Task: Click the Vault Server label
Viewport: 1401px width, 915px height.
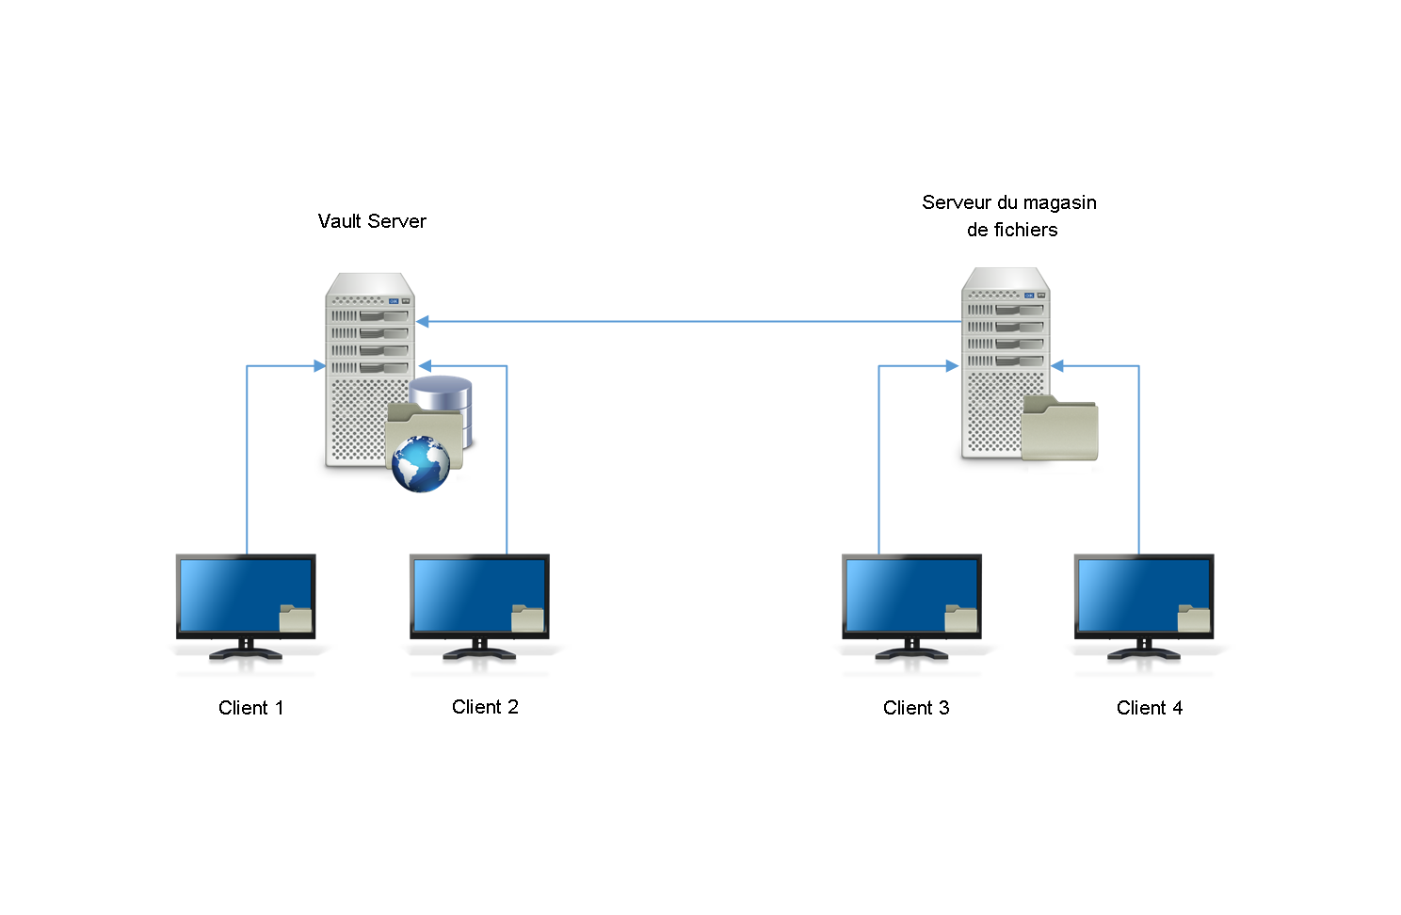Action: [372, 221]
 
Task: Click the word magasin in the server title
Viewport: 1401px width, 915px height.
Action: [1059, 203]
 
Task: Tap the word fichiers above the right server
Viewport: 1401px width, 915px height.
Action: [1025, 231]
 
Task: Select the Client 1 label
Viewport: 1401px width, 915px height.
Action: [250, 708]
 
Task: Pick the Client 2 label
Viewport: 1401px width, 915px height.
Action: [485, 707]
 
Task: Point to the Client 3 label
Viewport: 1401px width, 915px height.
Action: [916, 708]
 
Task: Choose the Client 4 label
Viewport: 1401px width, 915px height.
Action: [1150, 708]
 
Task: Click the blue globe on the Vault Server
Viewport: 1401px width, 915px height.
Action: [420, 464]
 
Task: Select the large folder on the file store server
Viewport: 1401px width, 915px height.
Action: [1060, 429]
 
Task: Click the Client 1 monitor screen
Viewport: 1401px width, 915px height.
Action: [235, 593]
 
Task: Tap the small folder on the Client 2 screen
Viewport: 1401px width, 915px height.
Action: [527, 618]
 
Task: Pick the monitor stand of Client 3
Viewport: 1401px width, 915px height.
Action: [911, 650]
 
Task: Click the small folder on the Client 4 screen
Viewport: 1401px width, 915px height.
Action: [1194, 618]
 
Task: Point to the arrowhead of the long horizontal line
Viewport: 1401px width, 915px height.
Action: [423, 322]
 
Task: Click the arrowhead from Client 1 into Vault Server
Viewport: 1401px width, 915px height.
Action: [320, 366]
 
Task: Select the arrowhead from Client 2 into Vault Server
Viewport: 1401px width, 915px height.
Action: [425, 366]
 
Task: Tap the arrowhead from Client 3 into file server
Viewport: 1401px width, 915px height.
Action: [952, 366]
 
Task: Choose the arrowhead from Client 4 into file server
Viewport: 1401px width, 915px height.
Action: [1057, 366]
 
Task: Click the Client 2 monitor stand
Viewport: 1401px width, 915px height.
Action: [479, 650]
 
